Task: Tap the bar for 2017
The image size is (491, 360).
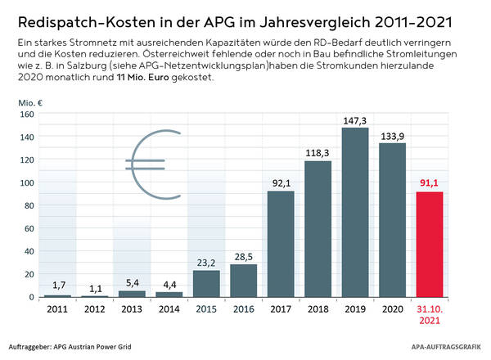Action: coord(280,244)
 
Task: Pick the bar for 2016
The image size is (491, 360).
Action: coord(242,281)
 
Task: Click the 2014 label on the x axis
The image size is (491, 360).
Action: coord(169,308)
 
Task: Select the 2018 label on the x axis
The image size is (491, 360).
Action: coord(318,308)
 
